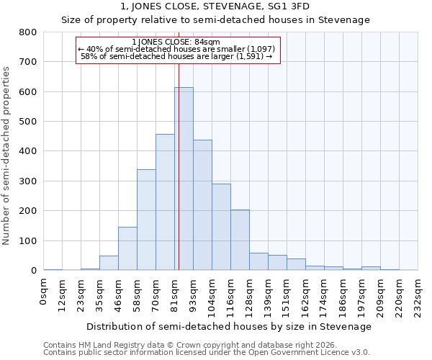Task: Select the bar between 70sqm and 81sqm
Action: (165, 202)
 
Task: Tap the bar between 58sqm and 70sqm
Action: (146, 220)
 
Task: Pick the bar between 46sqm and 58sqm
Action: (127, 248)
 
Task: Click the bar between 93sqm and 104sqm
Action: (202, 205)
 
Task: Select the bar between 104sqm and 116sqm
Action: (221, 227)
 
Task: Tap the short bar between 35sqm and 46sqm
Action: (109, 263)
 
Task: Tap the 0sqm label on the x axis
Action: (44, 292)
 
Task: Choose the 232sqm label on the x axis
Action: (418, 295)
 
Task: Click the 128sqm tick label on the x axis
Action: (250, 295)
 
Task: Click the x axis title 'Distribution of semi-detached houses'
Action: (230, 326)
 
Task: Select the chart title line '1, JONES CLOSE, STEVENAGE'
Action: (215, 6)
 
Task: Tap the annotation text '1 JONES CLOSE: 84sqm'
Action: (176, 42)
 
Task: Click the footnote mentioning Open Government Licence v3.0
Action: (207, 352)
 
